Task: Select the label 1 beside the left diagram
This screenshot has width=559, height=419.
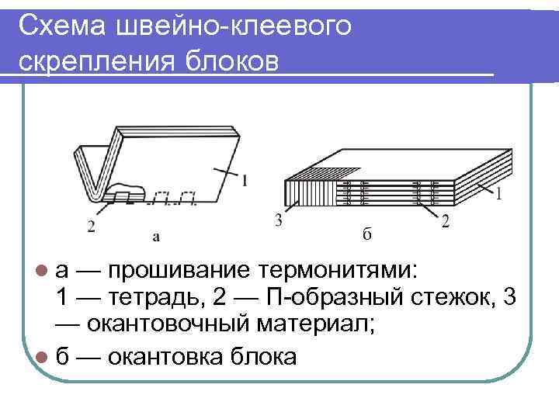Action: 245,181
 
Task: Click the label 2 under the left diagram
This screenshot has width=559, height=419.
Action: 91,227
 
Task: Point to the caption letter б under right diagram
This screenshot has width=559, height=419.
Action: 366,232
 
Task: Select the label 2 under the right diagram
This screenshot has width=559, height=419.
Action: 445,222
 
